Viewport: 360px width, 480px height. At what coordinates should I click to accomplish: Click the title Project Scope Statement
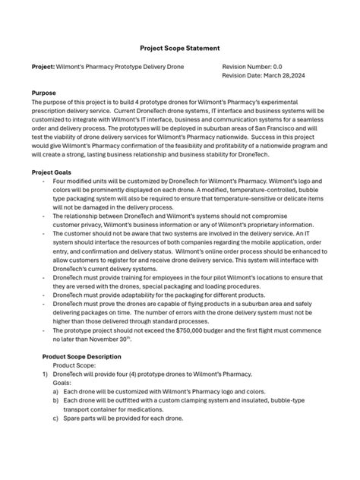[x=179, y=45]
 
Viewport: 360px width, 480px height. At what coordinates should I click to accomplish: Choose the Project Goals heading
[x=52, y=172]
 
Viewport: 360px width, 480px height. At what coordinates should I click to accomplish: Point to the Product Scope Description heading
[x=82, y=356]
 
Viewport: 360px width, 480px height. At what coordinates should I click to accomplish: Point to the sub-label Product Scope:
[x=75, y=365]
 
